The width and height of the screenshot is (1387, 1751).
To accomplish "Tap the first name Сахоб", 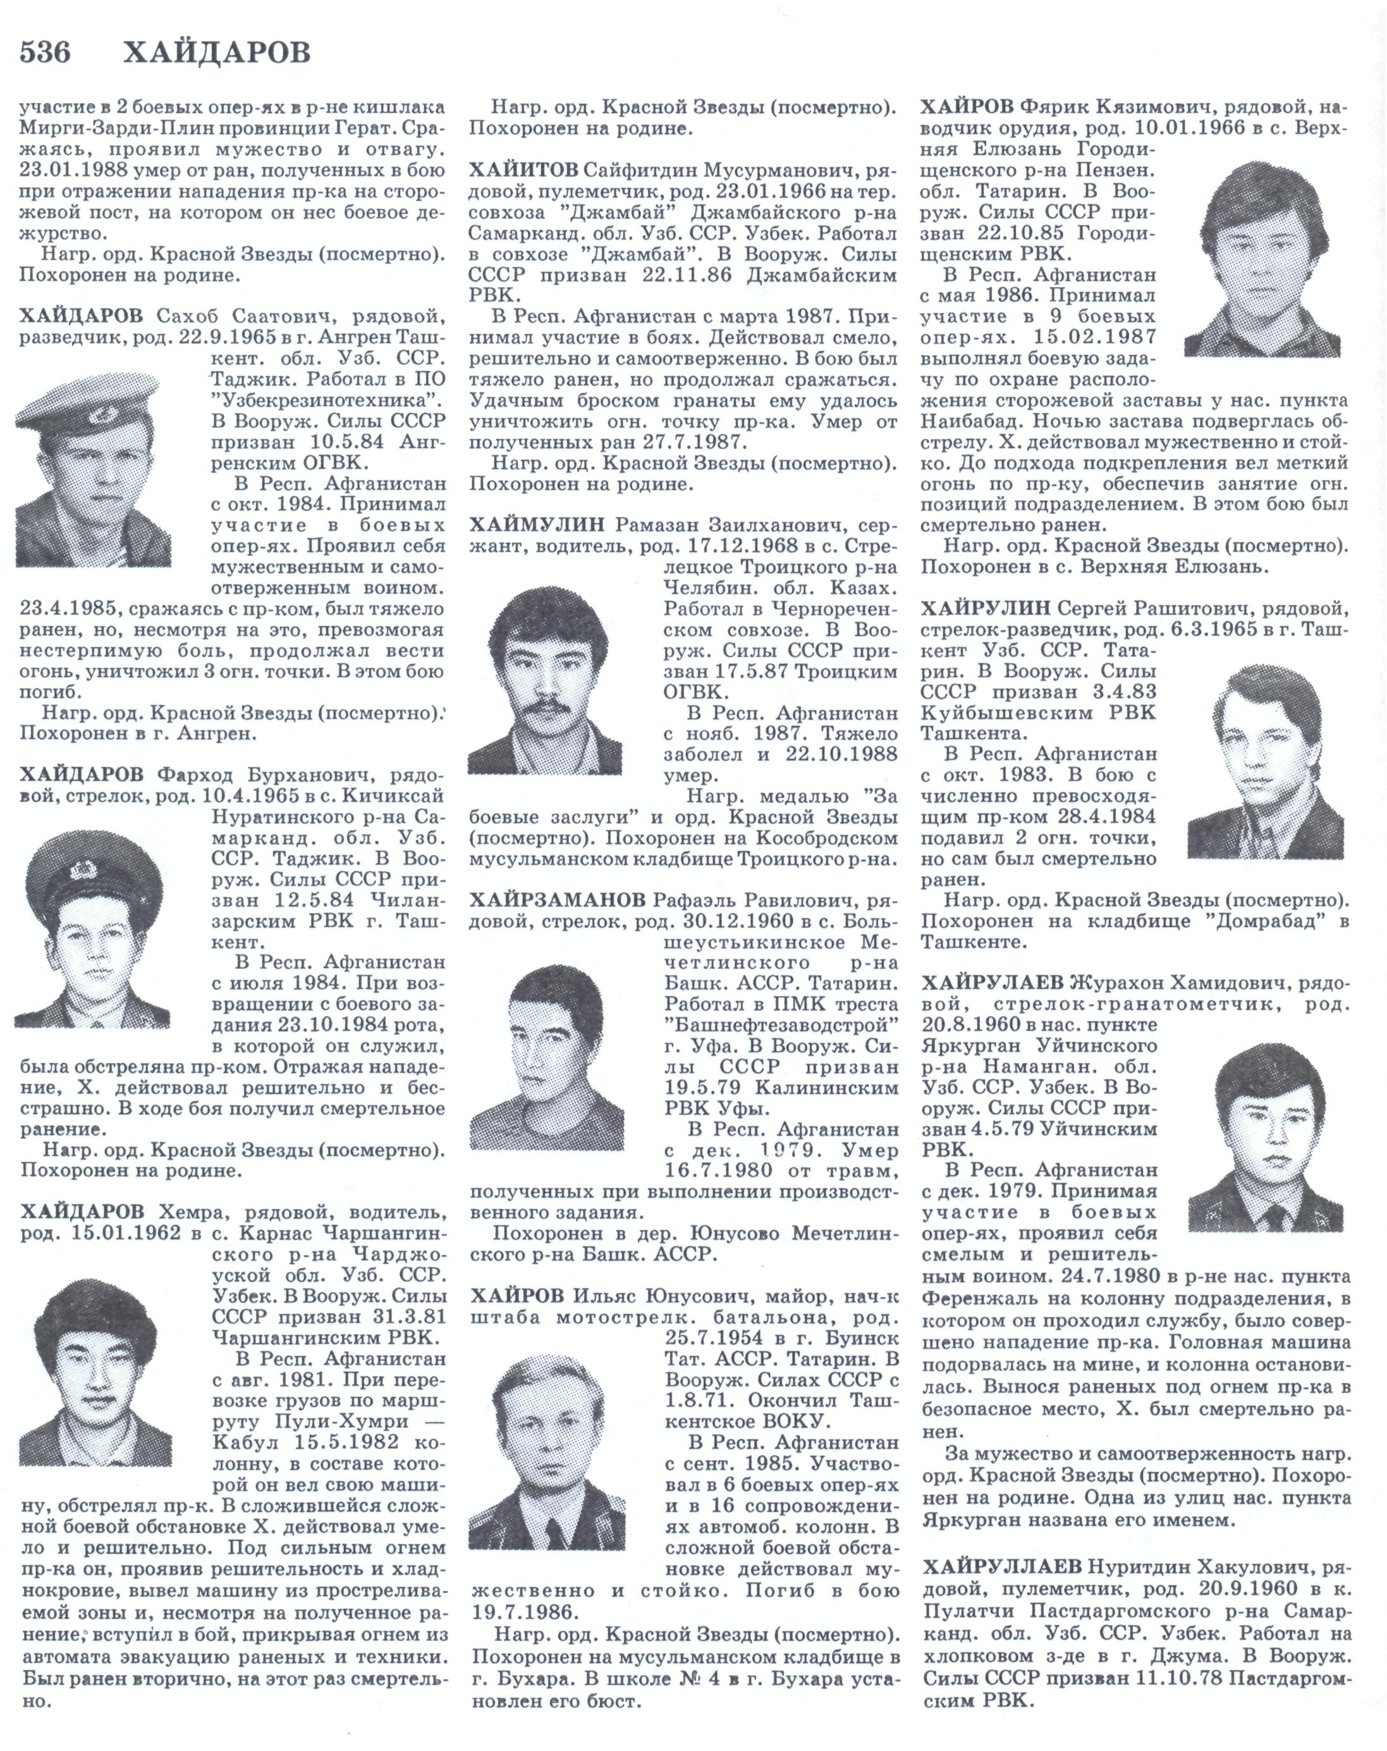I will (x=183, y=315).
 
